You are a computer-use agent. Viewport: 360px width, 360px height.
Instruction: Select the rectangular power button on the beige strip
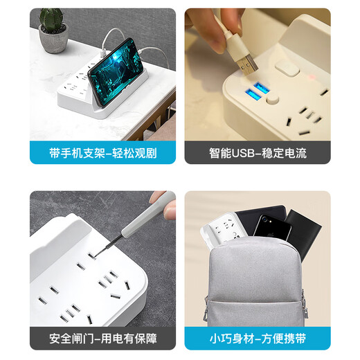287,68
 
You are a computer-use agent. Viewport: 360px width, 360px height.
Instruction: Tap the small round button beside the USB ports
272,100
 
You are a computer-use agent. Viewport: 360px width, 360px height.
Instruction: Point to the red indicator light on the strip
312,77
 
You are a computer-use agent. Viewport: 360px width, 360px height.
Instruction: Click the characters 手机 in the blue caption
72,153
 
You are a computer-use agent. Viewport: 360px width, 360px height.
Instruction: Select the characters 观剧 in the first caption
145,153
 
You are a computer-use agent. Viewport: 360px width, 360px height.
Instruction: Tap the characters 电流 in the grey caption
296,153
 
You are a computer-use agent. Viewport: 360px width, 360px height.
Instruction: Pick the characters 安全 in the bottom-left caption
60,339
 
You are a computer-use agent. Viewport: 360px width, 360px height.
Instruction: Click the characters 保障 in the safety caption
146,339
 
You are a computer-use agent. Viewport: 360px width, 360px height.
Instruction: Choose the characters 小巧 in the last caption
221,339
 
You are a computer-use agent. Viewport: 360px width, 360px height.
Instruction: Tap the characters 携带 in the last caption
295,339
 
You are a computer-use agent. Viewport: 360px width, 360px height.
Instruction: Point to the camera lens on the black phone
264,218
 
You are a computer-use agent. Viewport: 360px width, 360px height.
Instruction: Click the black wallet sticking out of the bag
303,234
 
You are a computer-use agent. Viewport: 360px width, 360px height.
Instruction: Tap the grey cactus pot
53,39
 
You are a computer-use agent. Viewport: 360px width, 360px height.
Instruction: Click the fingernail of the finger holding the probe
170,212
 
